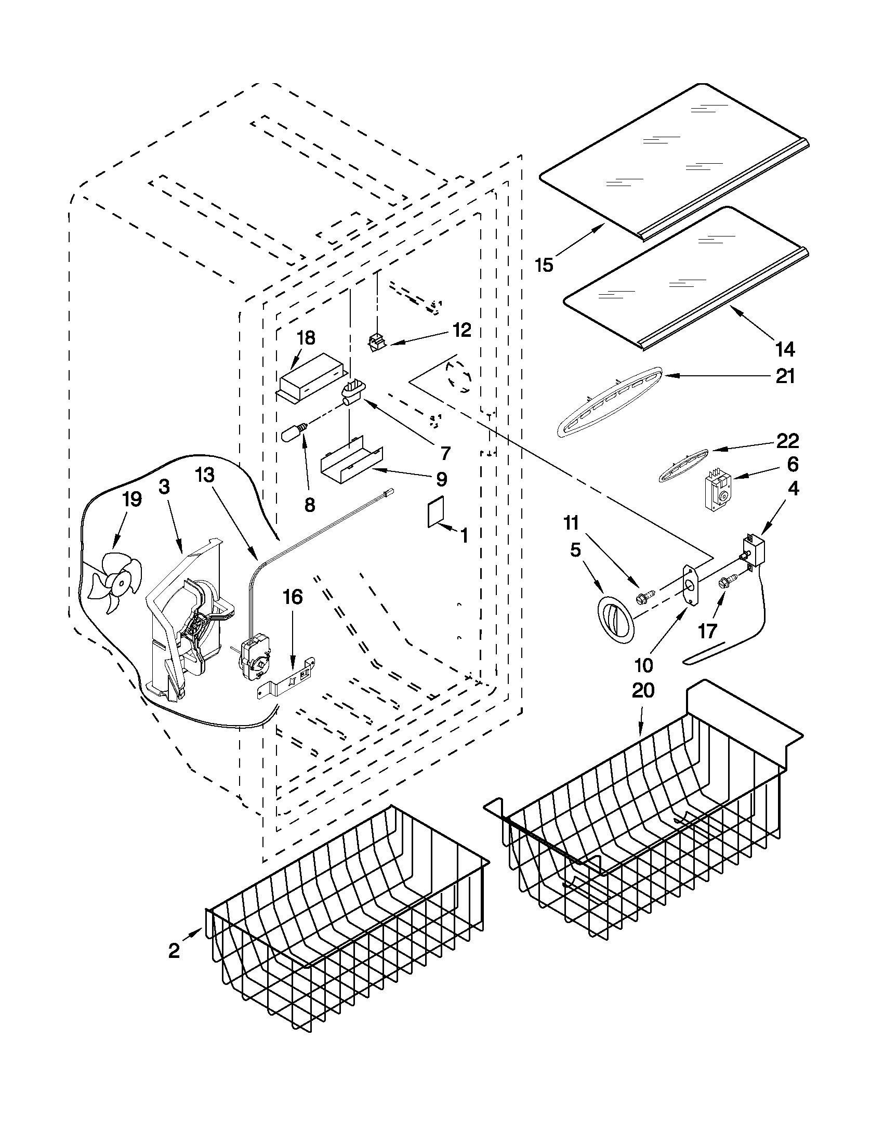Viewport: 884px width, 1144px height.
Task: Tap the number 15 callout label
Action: tap(544, 266)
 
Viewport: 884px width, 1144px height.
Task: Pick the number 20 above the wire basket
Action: tap(643, 691)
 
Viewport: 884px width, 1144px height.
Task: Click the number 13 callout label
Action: tap(205, 475)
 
